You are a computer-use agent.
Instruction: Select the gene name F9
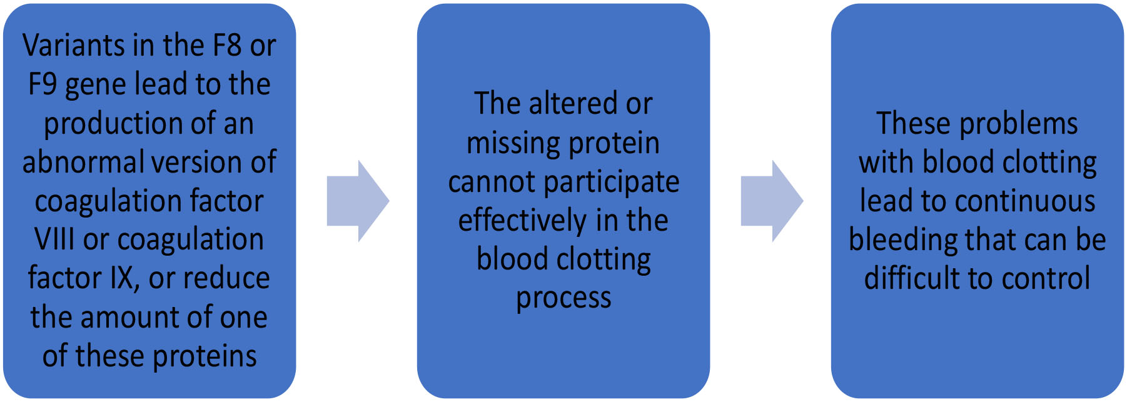[x=43, y=84]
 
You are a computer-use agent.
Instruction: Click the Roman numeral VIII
[x=54, y=239]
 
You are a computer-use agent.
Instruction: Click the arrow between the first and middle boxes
[x=358, y=201]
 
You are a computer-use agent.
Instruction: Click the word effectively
[x=523, y=221]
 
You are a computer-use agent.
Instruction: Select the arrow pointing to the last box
[x=772, y=201]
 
